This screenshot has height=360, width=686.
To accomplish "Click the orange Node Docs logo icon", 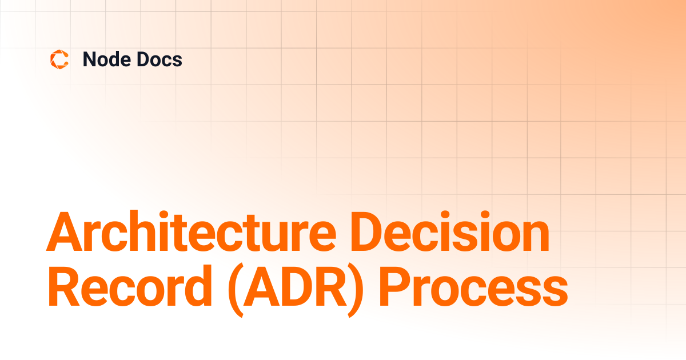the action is click(59, 59).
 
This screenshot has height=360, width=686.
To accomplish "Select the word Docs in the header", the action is click(159, 59).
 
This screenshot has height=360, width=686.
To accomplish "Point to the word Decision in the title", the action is click(450, 231).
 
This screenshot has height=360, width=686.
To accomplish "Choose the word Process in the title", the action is click(474, 286).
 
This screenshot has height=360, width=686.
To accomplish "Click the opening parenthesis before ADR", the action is click(236, 290).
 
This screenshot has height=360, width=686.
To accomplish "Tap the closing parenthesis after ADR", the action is click(356, 290).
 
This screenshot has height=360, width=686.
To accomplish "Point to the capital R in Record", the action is click(64, 286).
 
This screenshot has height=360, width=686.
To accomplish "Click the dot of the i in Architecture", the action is click(164, 215).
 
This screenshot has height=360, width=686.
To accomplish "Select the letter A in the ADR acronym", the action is click(263, 286).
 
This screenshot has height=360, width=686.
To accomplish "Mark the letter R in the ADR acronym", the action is click(332, 286).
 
